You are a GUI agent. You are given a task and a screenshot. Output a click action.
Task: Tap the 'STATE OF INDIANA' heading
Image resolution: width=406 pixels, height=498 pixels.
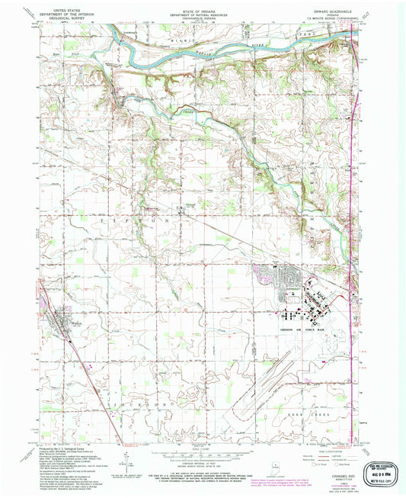pos(201,5)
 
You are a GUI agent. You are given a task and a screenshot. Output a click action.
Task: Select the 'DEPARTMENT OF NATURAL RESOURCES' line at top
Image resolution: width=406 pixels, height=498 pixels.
pos(201,10)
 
